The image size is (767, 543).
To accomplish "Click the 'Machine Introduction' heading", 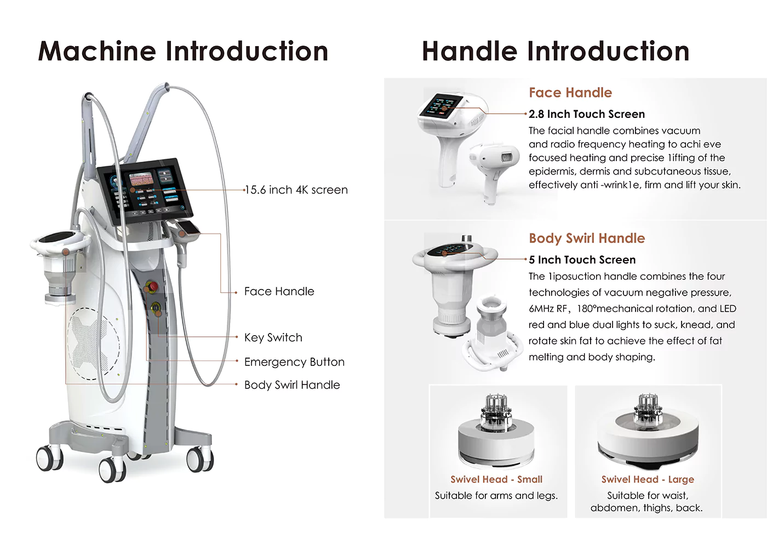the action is point(183,51).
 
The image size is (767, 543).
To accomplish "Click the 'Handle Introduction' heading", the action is point(556,51).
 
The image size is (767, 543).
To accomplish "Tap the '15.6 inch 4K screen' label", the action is point(296,190).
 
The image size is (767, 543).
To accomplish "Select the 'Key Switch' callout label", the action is point(273,338).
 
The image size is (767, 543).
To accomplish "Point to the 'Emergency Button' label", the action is point(295,362).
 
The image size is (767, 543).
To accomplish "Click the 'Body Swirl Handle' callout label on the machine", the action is point(292,385).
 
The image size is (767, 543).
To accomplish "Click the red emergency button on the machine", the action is point(152,286).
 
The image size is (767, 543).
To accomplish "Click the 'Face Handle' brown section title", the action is point(570,93).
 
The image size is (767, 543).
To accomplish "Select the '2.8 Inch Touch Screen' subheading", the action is point(587,114).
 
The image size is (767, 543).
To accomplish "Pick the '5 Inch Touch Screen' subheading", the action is point(582,260).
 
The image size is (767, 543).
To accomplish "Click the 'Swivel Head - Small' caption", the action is point(496,479).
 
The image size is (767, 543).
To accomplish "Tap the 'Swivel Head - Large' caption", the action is point(648,479).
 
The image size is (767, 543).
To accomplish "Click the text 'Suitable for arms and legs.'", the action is point(496,496).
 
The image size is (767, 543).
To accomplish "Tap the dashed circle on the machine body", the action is point(94,343).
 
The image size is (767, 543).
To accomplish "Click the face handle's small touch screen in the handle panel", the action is point(442,105).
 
